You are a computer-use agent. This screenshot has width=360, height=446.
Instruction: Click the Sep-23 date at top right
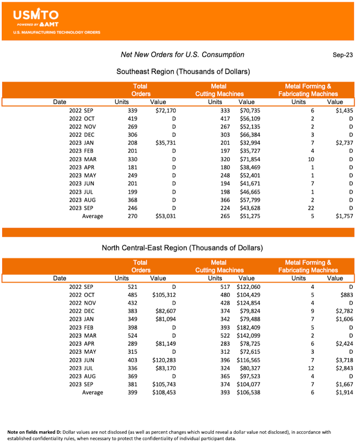[x=343, y=55]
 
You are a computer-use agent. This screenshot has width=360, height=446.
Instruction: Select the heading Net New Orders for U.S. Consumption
[x=182, y=54]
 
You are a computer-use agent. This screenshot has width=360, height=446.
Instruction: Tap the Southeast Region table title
[x=183, y=72]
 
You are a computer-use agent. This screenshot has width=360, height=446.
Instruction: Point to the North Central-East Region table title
[x=182, y=248]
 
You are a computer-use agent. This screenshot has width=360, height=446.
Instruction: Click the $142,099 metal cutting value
[x=248, y=335]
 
